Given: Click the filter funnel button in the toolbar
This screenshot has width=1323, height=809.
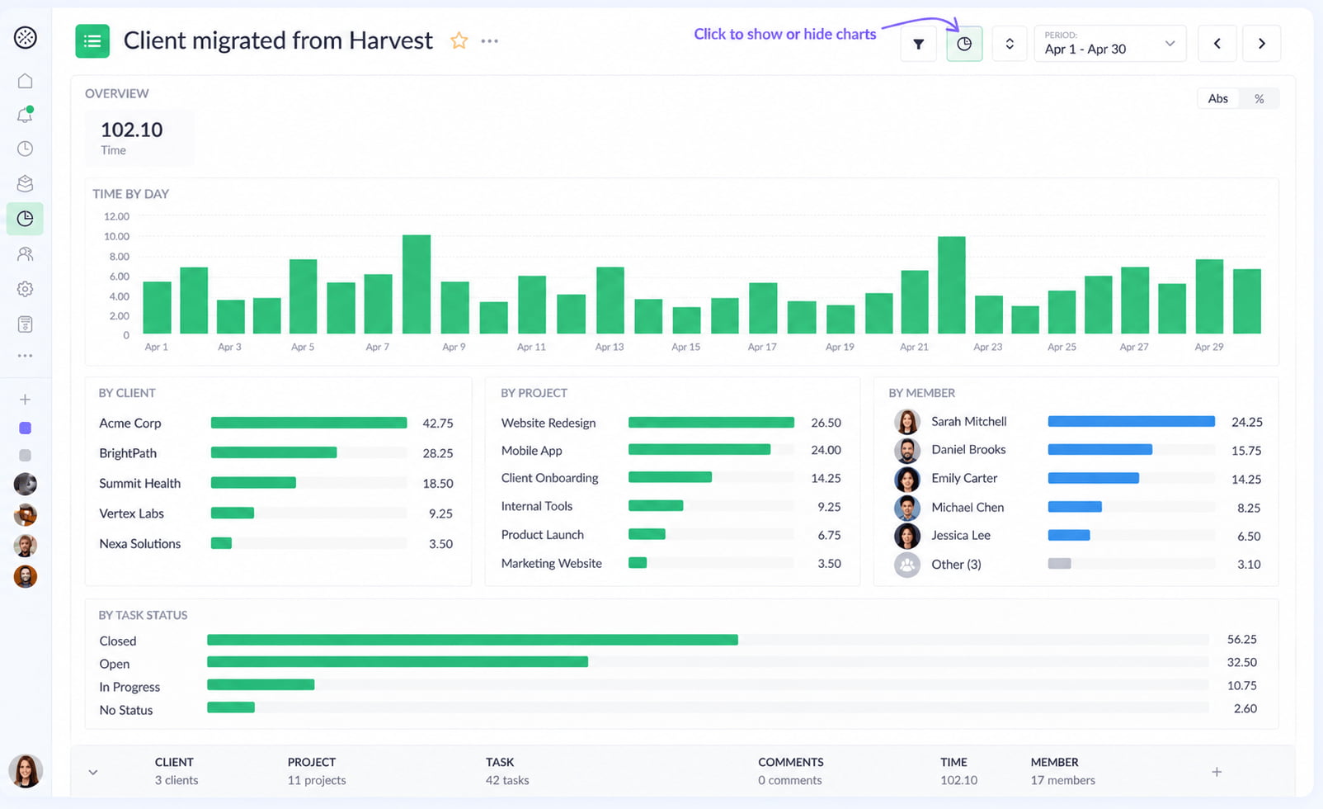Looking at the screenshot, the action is [918, 44].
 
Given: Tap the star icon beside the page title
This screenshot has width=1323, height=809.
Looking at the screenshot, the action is [459, 40].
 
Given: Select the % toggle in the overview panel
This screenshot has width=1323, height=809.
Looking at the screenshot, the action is [1259, 99].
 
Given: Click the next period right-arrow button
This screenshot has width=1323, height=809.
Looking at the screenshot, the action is [1262, 44].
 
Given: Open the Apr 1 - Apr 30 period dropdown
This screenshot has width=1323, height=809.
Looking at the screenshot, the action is [1110, 44].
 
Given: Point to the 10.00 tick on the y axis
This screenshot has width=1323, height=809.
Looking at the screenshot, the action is [116, 236].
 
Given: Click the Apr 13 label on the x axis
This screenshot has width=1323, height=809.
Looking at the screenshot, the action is [609, 347].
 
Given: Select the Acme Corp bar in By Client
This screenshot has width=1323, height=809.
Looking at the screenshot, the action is [309, 423].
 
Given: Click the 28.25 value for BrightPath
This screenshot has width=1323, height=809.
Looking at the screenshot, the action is [438, 453].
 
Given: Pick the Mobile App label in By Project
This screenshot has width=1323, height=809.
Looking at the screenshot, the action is [531, 450].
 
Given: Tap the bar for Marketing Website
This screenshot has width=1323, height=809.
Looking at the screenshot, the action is [638, 562].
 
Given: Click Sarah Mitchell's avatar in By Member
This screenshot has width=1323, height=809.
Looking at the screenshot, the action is [906, 422].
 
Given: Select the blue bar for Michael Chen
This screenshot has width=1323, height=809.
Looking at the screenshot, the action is [1075, 506].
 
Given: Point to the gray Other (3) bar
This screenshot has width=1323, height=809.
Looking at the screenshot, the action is [1059, 563].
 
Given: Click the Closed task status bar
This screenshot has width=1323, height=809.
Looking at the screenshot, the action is [473, 640].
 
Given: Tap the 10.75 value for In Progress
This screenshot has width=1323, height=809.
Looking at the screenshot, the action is [1241, 685].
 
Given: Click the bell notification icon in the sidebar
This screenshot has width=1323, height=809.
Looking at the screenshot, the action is [25, 115].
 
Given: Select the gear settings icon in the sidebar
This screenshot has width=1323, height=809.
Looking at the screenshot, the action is [25, 289].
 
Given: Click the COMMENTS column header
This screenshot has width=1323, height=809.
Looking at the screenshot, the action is [790, 762].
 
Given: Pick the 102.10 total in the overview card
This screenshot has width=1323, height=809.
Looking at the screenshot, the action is [131, 130].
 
